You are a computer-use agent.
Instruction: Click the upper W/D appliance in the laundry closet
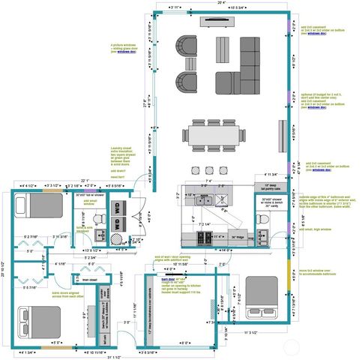117,206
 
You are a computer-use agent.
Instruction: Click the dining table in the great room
213,135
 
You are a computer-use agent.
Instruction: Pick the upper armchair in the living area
184,46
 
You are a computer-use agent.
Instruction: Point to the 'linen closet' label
90,280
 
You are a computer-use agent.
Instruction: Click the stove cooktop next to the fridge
204,238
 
